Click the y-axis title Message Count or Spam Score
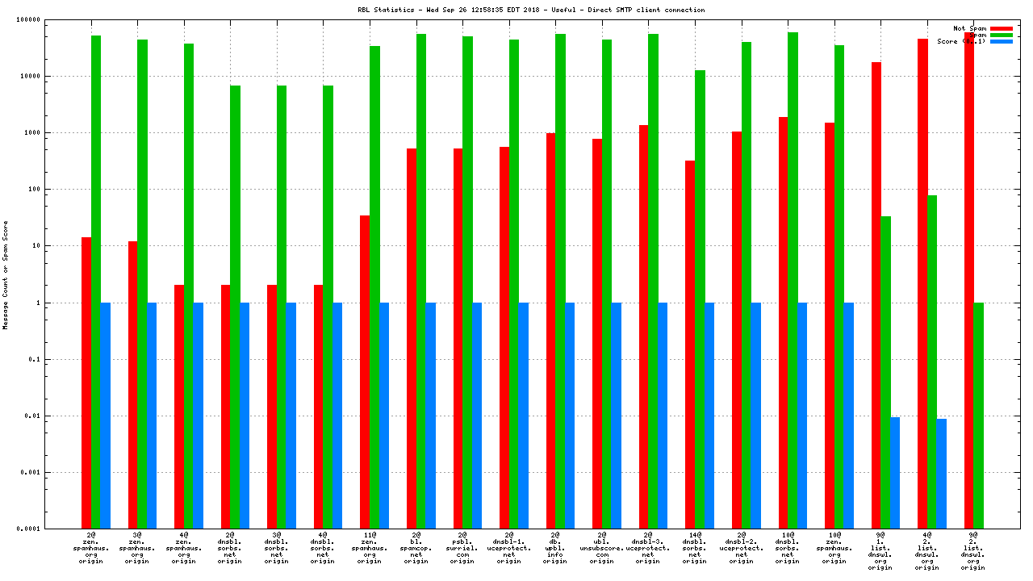click(x=5, y=274)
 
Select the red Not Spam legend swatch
click(x=1002, y=28)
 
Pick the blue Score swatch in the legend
click(x=1002, y=41)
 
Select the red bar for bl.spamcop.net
click(x=412, y=339)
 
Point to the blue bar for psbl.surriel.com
click(x=477, y=416)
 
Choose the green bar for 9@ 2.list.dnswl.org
click(x=978, y=416)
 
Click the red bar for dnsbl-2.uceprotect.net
click(x=737, y=330)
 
